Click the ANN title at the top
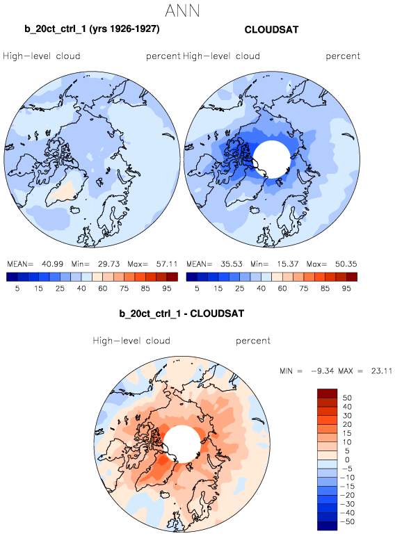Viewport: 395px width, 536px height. (x=182, y=10)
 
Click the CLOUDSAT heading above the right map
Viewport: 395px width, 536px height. (x=271, y=30)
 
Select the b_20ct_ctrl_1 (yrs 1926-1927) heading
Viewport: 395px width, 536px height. (x=92, y=29)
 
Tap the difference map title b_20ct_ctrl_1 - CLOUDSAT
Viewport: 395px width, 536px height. (x=182, y=314)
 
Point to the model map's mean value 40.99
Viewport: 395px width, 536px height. (x=52, y=264)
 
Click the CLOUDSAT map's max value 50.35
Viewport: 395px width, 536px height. (x=346, y=264)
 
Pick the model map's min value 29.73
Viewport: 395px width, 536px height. (x=108, y=264)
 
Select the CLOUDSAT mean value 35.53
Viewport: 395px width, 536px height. (x=231, y=264)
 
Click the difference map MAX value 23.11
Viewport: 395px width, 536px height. (x=382, y=371)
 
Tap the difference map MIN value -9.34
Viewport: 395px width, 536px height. (x=323, y=371)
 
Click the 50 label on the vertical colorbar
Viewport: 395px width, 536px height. (x=347, y=398)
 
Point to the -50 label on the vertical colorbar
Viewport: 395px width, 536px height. (x=347, y=521)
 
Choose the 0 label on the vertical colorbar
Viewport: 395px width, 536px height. (x=347, y=460)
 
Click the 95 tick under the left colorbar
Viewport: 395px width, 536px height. (x=166, y=289)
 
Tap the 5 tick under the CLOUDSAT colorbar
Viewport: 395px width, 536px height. (x=197, y=289)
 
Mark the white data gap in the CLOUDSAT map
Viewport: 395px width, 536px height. (x=272, y=159)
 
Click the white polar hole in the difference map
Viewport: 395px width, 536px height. (x=182, y=444)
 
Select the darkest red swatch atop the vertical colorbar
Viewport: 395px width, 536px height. (x=328, y=393)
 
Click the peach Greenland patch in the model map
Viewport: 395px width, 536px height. (x=63, y=192)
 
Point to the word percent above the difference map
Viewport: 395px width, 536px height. (x=253, y=341)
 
